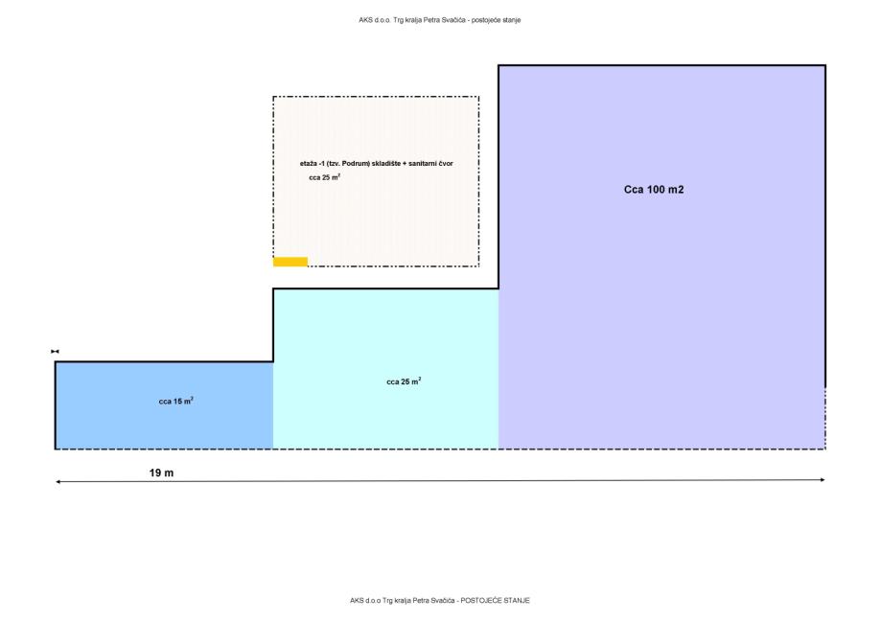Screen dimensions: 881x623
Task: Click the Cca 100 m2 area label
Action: click(x=654, y=190)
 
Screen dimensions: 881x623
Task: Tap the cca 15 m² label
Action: click(x=176, y=402)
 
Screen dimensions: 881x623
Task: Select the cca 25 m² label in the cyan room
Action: click(x=404, y=381)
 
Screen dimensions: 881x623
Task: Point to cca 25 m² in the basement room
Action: click(x=324, y=177)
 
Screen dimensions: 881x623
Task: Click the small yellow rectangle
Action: click(x=290, y=262)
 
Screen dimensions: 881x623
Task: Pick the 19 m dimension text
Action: click(x=161, y=473)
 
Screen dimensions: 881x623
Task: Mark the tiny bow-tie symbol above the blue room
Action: click(x=56, y=353)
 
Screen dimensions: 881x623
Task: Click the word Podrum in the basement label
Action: click(x=353, y=164)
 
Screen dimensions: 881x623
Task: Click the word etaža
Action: click(x=309, y=164)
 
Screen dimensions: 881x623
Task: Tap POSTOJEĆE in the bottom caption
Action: click(x=484, y=600)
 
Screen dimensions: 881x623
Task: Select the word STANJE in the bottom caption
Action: click(x=519, y=600)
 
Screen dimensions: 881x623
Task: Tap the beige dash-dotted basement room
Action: click(x=383, y=220)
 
